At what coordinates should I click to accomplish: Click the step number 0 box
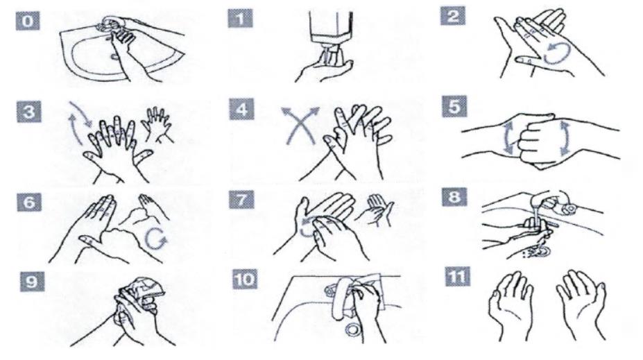[x=28, y=21]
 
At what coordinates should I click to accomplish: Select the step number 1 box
[x=240, y=18]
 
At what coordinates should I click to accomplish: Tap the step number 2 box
[x=453, y=16]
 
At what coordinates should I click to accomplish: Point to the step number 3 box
[x=29, y=112]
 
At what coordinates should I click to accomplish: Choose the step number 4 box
[x=242, y=110]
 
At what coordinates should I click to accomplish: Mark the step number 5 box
[x=455, y=107]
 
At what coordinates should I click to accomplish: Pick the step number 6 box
[x=29, y=202]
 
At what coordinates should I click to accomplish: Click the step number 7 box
[x=242, y=200]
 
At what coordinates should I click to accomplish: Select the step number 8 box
[x=455, y=197]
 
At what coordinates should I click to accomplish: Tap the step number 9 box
[x=33, y=282]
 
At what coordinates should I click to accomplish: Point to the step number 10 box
[x=246, y=280]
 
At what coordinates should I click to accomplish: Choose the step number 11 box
[x=458, y=276]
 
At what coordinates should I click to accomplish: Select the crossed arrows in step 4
[x=300, y=125]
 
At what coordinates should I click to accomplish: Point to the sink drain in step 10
[x=352, y=329]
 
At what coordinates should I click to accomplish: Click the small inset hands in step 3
[x=158, y=124]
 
